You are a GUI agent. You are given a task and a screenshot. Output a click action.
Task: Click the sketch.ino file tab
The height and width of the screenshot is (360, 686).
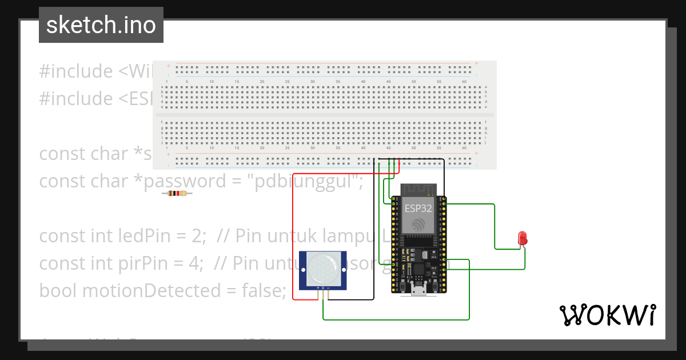coord(101,25)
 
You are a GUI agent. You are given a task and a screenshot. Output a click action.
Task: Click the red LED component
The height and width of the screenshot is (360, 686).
coord(522,238)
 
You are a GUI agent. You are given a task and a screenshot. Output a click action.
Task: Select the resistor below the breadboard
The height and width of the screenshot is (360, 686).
coord(177,194)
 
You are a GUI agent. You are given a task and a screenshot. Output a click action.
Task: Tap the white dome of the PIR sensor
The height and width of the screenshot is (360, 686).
coord(324,269)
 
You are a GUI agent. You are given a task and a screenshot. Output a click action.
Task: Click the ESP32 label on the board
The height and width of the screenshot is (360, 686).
coord(418,208)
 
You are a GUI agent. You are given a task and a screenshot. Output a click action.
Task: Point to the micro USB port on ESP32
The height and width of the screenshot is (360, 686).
coord(418,291)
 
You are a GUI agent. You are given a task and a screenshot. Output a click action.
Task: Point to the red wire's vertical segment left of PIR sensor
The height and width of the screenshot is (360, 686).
coord(293,240)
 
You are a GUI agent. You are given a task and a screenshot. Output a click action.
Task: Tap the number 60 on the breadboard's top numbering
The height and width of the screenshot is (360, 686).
coord(464,82)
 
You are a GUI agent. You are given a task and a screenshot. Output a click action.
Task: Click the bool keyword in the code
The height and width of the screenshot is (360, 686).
coord(58,290)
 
